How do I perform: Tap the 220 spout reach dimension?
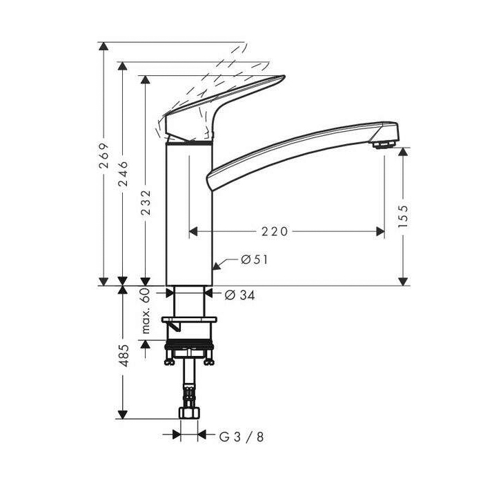point(275,232)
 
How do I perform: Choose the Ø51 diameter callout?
point(253,260)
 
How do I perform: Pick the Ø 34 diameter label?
point(240,295)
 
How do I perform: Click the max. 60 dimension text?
point(146,310)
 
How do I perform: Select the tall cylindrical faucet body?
point(188,214)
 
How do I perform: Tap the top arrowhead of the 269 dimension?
point(103,46)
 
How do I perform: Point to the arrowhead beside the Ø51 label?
point(217,264)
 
